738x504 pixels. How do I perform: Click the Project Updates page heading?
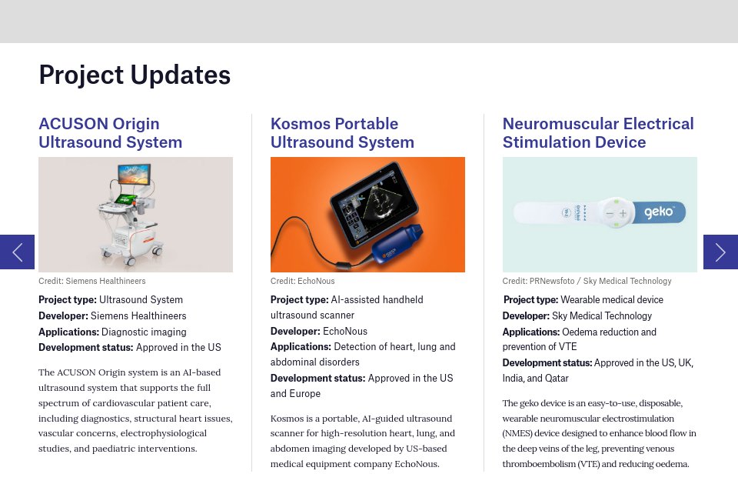(135, 75)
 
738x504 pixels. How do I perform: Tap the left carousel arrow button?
(17, 252)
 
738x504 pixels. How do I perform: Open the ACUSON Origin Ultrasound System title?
(110, 133)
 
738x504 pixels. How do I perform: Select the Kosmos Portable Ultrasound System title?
(342, 133)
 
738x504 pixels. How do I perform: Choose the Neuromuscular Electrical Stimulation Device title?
(597, 133)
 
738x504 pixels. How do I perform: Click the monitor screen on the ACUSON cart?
(134, 174)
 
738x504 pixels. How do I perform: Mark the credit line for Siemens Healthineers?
(92, 281)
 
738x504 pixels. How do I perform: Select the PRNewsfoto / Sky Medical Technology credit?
(587, 281)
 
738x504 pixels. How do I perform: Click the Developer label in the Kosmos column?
(294, 331)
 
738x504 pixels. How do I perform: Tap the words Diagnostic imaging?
(144, 332)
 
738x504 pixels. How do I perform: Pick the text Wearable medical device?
(612, 299)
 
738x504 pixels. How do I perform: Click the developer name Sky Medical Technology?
(602, 315)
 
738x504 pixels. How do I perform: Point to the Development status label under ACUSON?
(85, 347)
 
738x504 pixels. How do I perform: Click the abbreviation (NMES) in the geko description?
(519, 432)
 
